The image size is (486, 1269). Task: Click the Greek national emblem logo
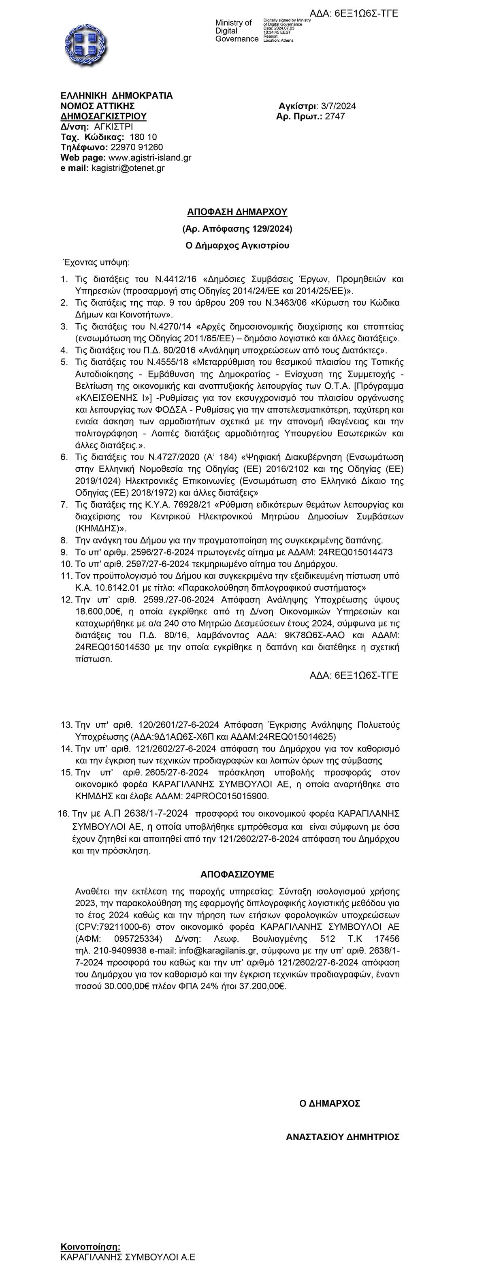point(86,45)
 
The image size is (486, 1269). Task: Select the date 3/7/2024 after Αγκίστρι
point(338,106)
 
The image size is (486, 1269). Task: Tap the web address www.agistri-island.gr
point(149,158)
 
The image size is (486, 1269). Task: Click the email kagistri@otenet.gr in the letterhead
point(128,168)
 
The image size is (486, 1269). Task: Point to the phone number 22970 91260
point(136,147)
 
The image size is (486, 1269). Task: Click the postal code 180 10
point(143,137)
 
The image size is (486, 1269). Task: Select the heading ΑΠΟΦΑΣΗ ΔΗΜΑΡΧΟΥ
point(237,212)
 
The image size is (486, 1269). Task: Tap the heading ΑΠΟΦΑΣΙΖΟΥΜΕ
point(237,874)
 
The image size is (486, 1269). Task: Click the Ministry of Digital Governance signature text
point(237,30)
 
